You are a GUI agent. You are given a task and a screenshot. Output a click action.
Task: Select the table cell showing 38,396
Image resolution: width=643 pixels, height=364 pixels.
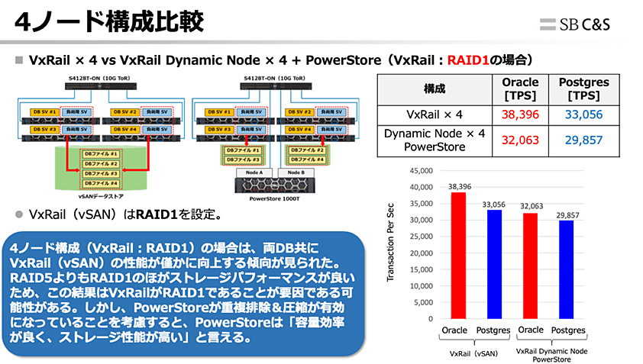[521, 115]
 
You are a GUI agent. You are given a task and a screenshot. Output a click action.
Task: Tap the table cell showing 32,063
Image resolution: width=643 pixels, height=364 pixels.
[521, 140]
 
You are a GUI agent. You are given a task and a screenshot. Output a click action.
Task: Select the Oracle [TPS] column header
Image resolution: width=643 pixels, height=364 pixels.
[521, 88]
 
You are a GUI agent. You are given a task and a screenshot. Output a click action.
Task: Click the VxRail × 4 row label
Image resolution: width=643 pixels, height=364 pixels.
[434, 115]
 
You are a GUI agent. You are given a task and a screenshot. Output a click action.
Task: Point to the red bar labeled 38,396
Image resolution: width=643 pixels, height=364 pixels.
[458, 255]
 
